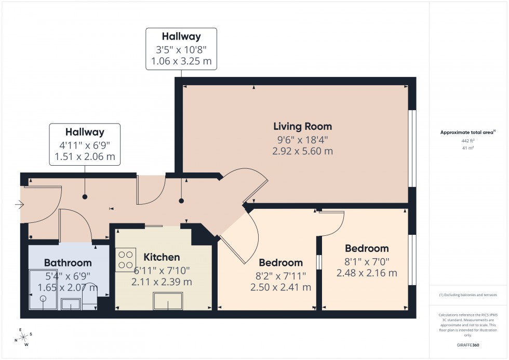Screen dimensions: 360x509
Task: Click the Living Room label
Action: click(x=302, y=126)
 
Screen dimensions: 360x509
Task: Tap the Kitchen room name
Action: click(x=162, y=257)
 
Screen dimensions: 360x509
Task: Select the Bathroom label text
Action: click(x=68, y=262)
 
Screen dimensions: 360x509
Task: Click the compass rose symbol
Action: click(x=22, y=337)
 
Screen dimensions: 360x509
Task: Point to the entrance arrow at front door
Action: click(x=20, y=205)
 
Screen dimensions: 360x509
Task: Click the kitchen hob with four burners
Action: click(x=126, y=260)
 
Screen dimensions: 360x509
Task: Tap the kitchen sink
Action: click(x=168, y=301)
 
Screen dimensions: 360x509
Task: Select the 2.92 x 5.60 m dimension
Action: click(x=302, y=152)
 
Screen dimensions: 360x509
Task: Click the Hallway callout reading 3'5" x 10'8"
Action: click(x=181, y=49)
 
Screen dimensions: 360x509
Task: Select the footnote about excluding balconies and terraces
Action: click(x=468, y=295)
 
